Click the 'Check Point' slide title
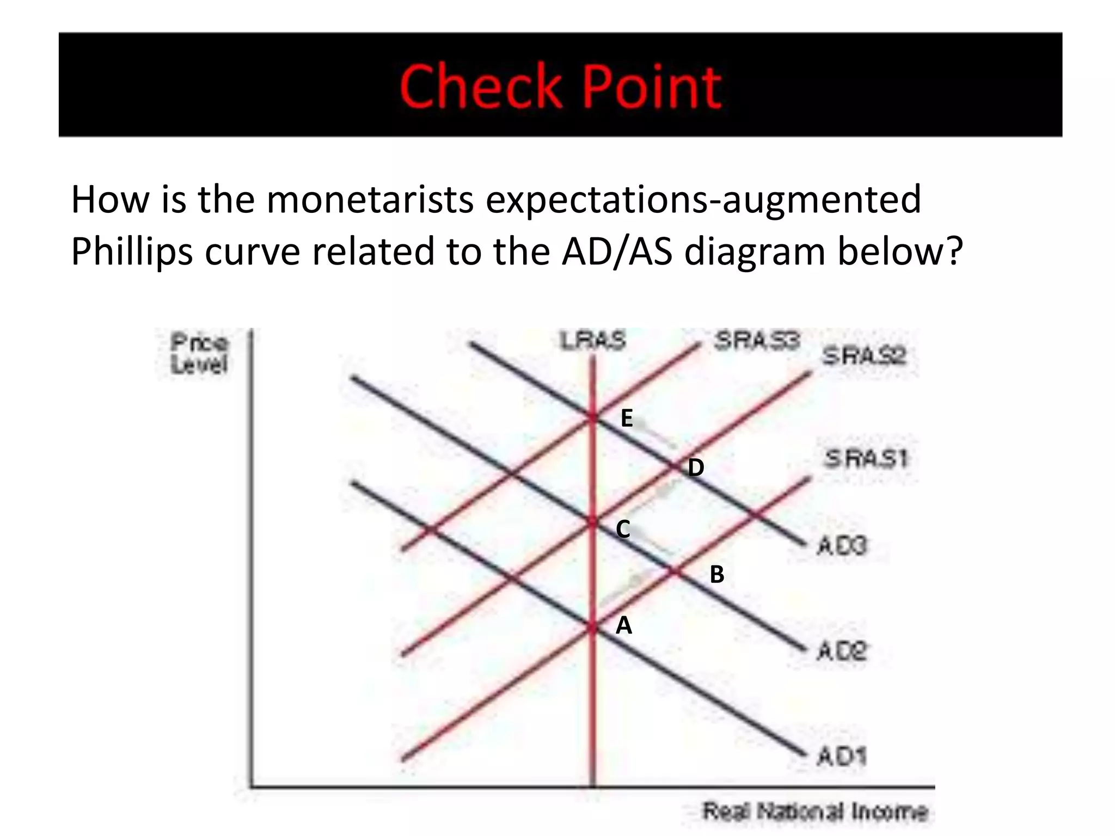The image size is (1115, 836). click(x=560, y=87)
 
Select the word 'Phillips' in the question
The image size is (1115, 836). click(x=132, y=251)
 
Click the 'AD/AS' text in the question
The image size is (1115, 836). click(x=617, y=251)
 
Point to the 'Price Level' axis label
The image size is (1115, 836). click(x=199, y=354)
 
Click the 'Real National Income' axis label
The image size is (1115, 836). click(x=814, y=812)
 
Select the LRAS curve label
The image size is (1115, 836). click(x=593, y=341)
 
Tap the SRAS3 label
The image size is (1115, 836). click(x=757, y=341)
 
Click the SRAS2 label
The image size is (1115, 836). click(x=864, y=356)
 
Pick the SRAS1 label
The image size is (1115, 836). click(x=866, y=459)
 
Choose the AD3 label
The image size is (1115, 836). click(x=842, y=545)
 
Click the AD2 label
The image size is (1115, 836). click(x=842, y=651)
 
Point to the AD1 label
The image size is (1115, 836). click(x=842, y=756)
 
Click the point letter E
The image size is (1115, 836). click(x=627, y=419)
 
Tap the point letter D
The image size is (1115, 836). click(x=696, y=468)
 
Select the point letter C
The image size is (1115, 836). click(x=623, y=529)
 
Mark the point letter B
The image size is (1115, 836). click(x=717, y=575)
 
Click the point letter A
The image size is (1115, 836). click(x=624, y=626)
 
